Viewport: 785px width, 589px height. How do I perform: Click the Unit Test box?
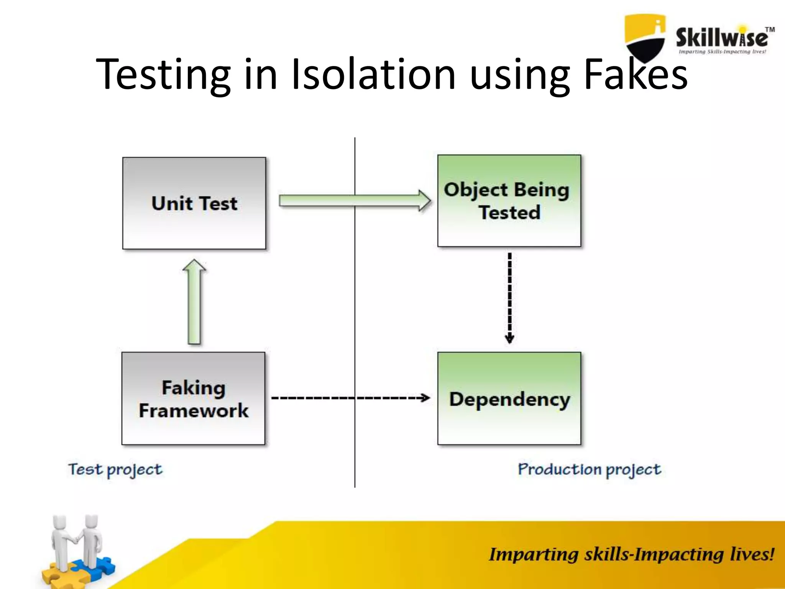[x=194, y=203]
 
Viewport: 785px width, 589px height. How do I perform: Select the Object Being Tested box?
[x=509, y=201]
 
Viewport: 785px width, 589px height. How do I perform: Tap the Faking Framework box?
[x=193, y=398]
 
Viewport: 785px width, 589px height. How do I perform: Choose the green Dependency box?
[x=509, y=398]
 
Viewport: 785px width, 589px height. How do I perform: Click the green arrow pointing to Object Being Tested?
[x=355, y=201]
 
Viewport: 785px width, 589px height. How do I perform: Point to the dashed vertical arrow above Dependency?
[x=509, y=298]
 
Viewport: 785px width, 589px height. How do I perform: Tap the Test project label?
[x=115, y=470]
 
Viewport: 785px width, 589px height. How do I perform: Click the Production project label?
[x=589, y=470]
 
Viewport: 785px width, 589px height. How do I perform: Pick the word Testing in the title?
[x=163, y=75]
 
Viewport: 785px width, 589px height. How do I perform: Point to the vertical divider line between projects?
[x=355, y=307]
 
